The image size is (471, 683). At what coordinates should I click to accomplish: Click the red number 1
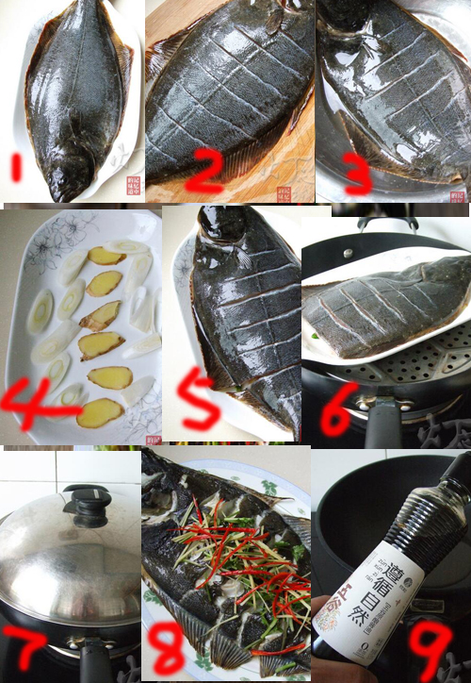click(x=16, y=169)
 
